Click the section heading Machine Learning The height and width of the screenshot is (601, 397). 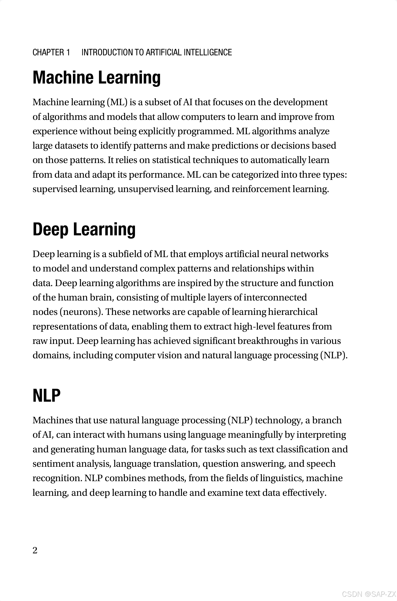click(97, 77)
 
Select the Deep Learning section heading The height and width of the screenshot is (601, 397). click(84, 229)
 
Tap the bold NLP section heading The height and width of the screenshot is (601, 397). click(47, 396)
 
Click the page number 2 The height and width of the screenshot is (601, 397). click(35, 550)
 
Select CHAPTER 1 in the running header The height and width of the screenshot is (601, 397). click(51, 52)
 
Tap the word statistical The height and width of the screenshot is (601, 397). click(171, 160)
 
